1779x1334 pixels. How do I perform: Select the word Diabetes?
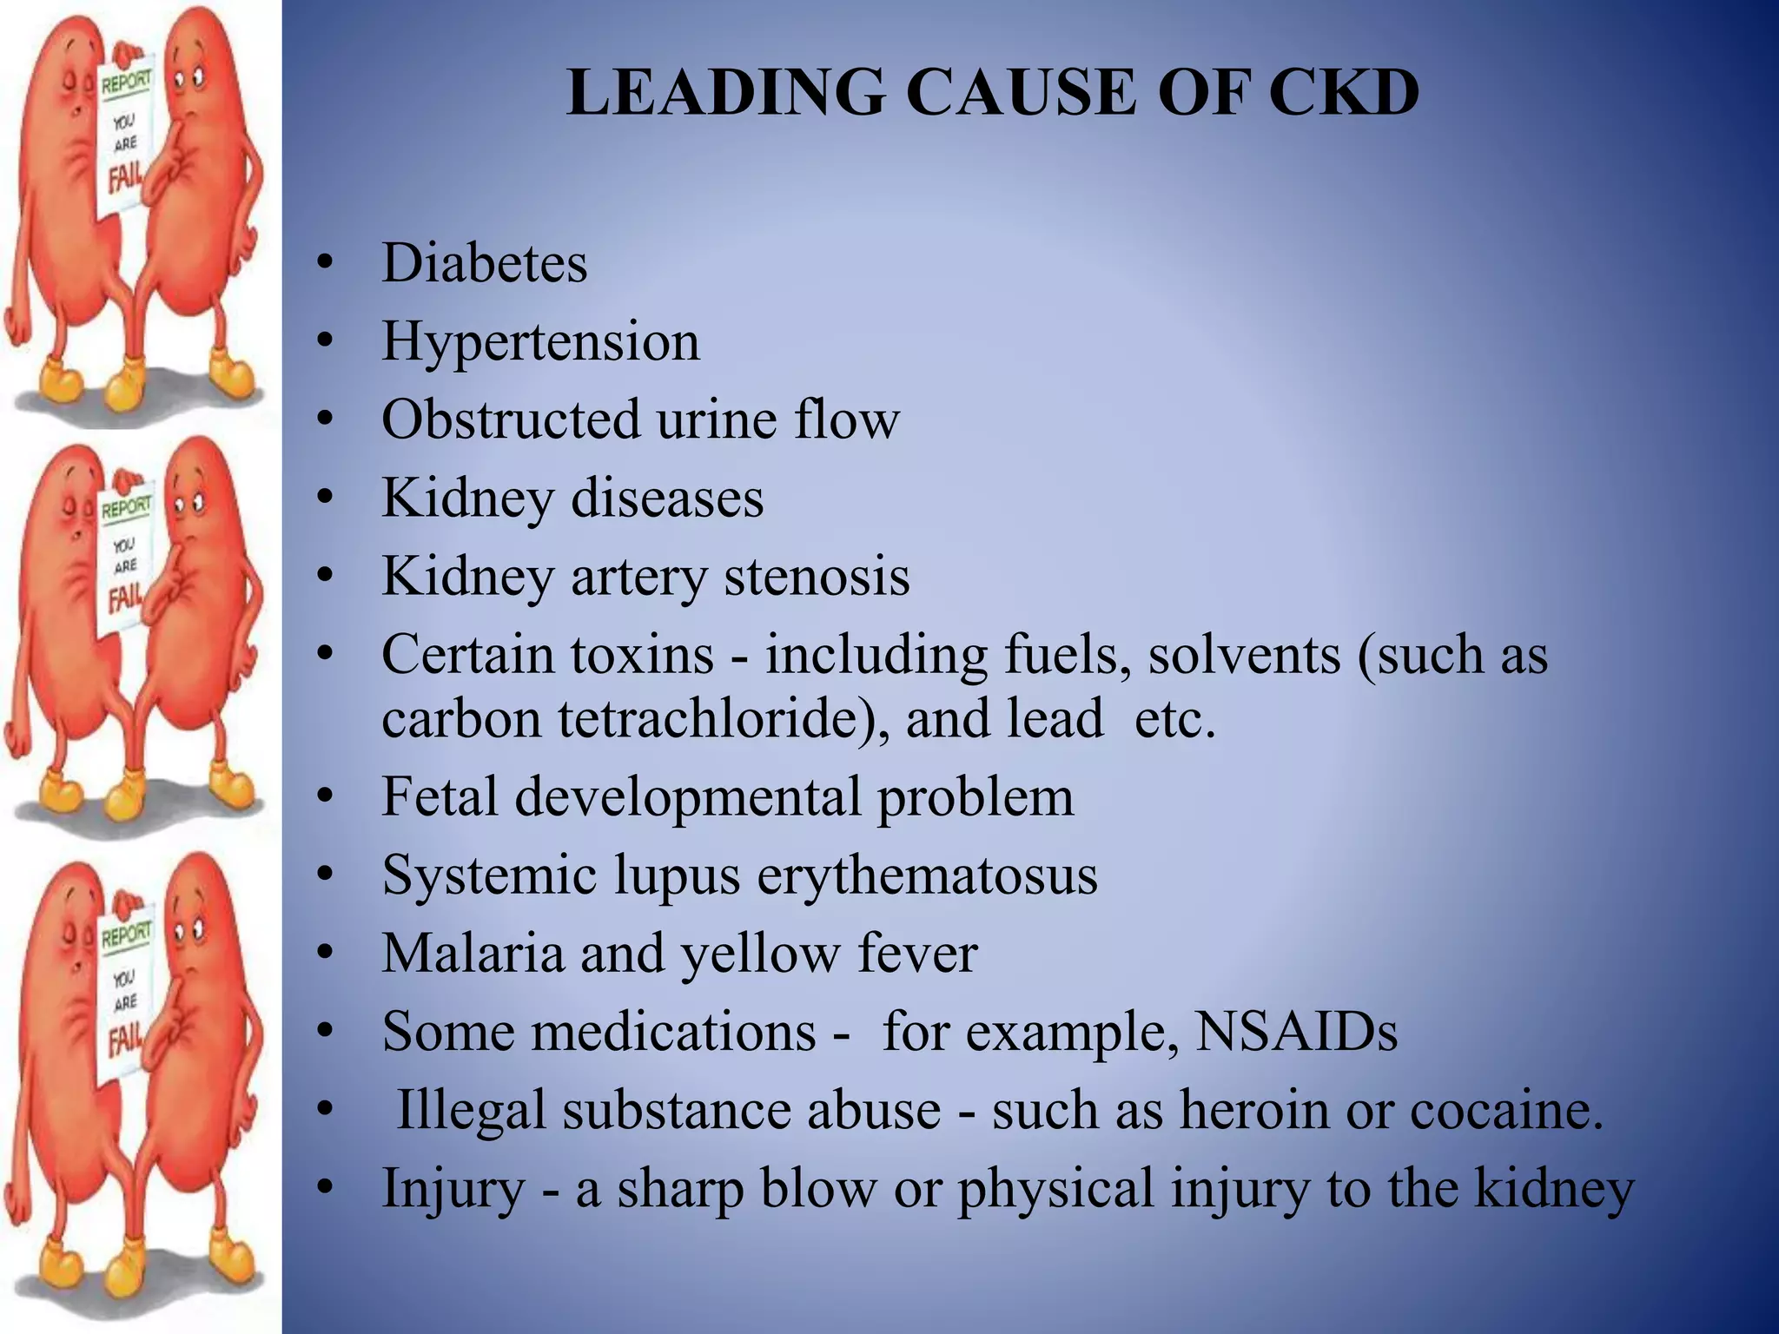(x=485, y=262)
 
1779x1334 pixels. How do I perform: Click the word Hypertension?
(x=540, y=341)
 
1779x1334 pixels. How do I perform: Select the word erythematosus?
(x=927, y=875)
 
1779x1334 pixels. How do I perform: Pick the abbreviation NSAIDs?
(x=1297, y=1032)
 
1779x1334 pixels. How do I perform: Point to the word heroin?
(x=1254, y=1110)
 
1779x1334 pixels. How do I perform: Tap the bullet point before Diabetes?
(x=325, y=262)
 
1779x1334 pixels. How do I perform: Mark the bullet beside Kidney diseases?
(x=325, y=498)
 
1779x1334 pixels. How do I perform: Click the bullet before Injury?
(x=325, y=1187)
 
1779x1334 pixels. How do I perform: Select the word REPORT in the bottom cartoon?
(x=127, y=935)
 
